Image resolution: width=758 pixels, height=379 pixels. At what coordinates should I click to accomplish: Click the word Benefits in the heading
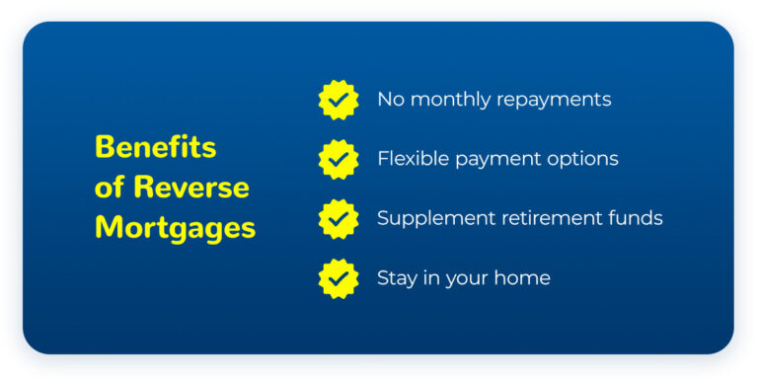click(155, 147)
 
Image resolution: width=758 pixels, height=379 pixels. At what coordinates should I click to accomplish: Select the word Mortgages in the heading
click(175, 227)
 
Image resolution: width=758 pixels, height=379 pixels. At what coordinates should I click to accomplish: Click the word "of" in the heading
click(110, 187)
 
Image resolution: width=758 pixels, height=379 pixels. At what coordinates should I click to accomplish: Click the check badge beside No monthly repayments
click(339, 100)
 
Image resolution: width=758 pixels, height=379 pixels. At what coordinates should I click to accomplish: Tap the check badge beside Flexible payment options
click(339, 159)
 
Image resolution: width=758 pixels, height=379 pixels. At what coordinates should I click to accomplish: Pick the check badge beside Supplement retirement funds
click(339, 218)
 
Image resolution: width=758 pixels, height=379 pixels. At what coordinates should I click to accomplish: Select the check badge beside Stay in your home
click(339, 278)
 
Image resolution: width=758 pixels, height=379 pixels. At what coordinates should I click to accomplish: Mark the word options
click(583, 160)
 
